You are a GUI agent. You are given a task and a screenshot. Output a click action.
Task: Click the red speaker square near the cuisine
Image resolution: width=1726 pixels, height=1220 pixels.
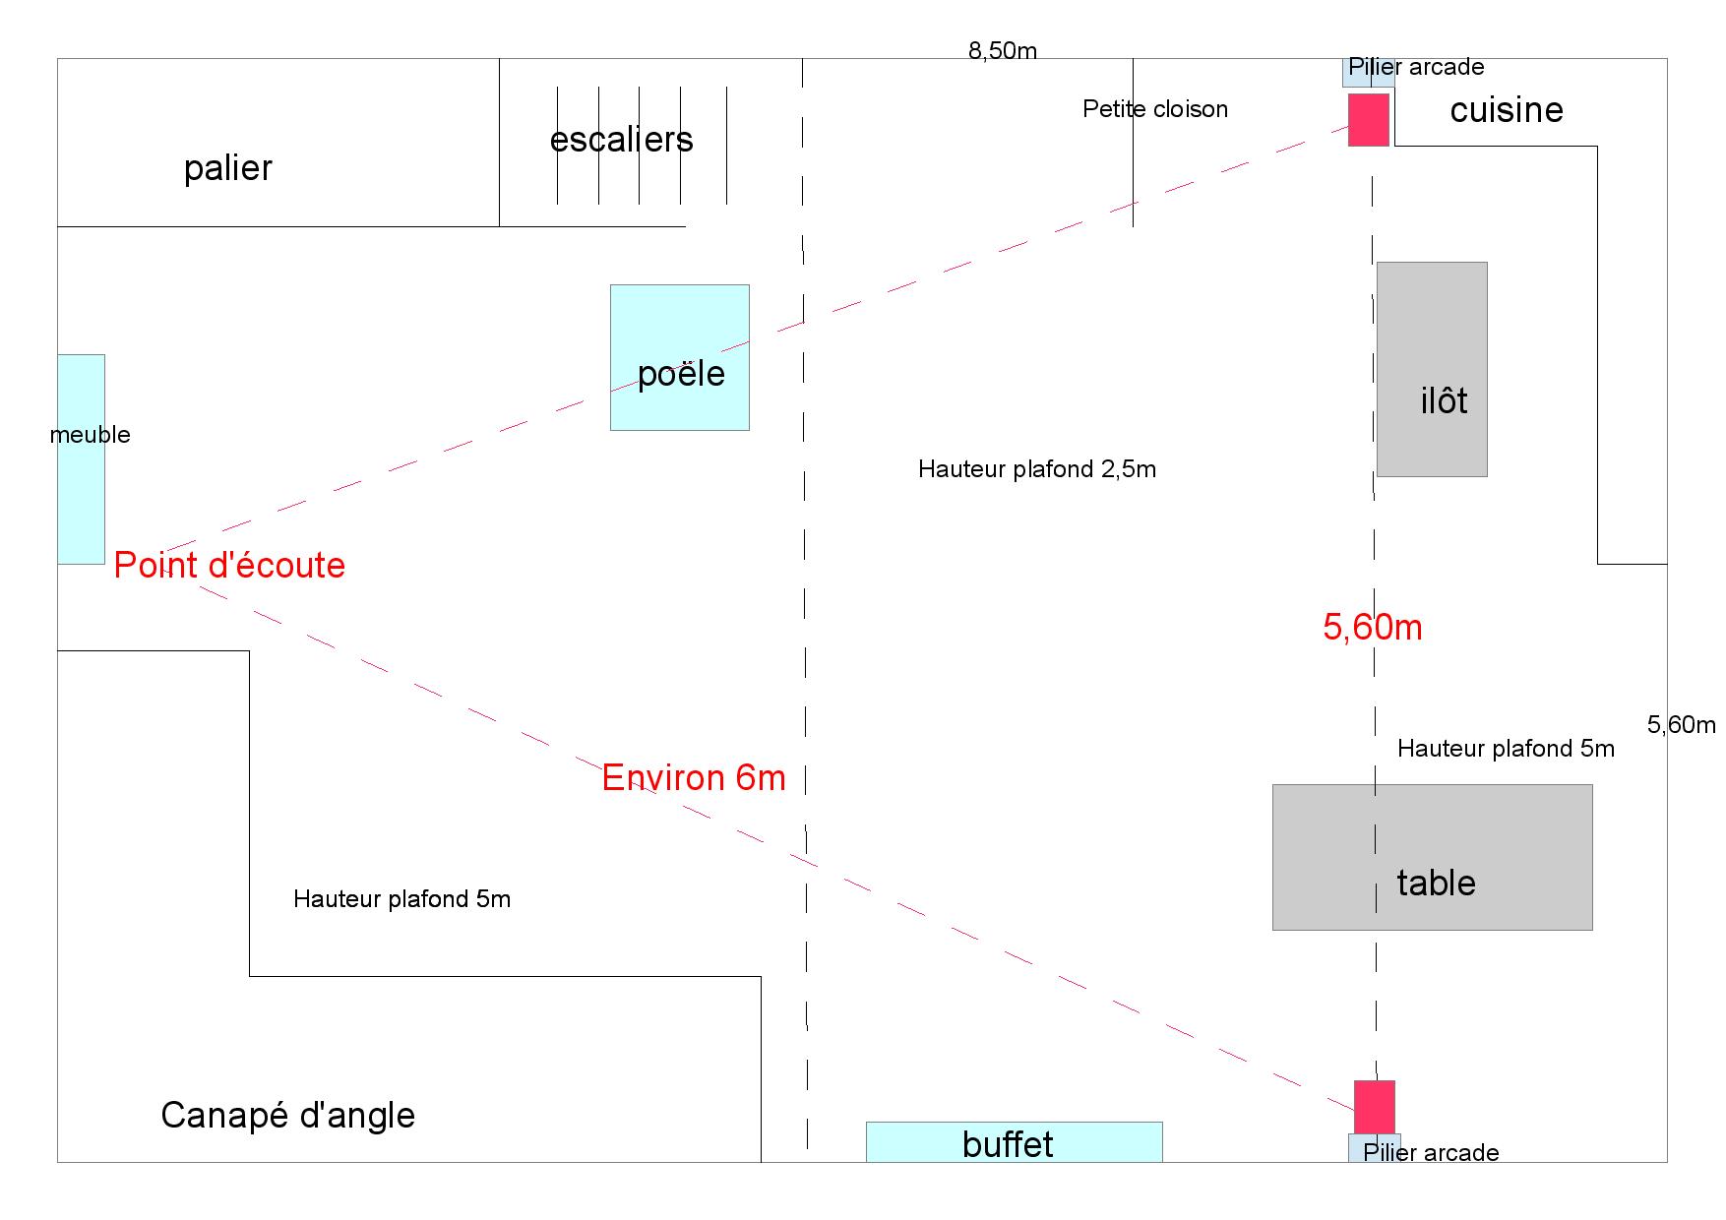tap(1368, 119)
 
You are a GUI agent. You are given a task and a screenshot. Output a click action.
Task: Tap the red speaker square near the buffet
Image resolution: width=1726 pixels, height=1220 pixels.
tap(1374, 1106)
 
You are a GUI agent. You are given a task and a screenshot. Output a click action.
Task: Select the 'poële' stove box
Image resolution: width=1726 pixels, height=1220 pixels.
tap(679, 357)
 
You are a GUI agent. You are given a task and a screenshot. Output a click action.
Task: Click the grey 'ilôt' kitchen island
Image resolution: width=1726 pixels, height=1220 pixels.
tap(1432, 369)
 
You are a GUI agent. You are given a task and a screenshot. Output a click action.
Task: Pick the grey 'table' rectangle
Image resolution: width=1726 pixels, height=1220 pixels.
tap(1432, 857)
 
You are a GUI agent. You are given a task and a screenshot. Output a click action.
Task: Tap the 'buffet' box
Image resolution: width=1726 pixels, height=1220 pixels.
tap(1014, 1142)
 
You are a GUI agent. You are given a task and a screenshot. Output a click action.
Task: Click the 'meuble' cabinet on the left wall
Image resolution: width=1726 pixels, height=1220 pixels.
tap(81, 458)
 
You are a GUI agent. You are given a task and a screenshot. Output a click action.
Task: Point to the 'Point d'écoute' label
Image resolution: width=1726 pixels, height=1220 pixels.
tap(229, 566)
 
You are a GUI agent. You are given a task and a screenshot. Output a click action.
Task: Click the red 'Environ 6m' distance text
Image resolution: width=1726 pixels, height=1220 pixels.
tap(694, 778)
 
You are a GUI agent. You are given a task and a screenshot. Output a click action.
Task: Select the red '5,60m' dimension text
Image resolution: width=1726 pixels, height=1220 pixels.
tap(1372, 628)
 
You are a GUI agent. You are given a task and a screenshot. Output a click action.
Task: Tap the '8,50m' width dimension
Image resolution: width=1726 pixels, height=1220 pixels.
tap(1002, 51)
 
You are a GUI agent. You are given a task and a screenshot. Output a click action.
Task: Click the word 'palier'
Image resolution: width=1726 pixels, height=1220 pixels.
tap(227, 168)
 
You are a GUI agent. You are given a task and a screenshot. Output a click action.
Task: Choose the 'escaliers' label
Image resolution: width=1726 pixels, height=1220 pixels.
tap(621, 140)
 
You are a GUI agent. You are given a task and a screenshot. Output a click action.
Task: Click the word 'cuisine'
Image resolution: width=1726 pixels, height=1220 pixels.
tap(1506, 110)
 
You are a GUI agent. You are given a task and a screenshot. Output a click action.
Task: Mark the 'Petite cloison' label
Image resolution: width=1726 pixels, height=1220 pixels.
tap(1154, 109)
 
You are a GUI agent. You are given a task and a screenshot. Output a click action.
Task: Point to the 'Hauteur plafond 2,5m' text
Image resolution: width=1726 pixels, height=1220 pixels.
tap(1036, 469)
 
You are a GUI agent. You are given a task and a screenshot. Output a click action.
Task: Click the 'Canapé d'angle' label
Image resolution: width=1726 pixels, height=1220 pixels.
tap(287, 1116)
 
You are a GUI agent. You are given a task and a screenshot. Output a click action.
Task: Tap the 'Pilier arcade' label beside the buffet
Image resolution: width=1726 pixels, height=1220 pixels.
tap(1431, 1152)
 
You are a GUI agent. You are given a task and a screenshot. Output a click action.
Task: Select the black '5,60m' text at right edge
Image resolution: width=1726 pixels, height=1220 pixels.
tap(1681, 725)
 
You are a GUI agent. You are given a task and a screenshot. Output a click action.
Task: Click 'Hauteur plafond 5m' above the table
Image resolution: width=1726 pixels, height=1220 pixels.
tap(1506, 749)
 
